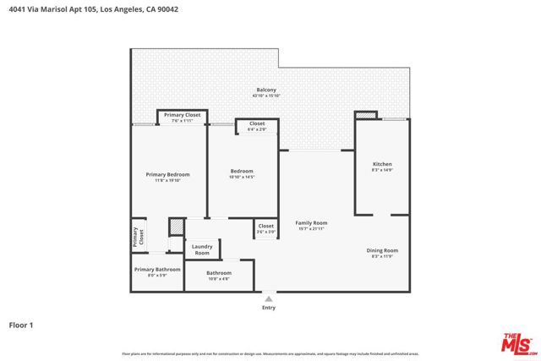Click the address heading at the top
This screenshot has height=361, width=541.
point(93,9)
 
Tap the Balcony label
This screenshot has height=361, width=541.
point(266,90)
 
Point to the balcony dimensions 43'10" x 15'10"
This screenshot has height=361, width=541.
point(266,96)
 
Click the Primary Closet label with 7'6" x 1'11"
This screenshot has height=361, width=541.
point(182,114)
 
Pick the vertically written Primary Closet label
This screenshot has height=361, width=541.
point(135,238)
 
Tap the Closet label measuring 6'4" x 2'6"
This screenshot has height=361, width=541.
point(257,123)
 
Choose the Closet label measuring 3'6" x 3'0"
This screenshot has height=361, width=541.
point(265,226)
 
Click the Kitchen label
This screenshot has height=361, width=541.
point(382,163)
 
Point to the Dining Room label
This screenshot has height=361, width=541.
point(382,250)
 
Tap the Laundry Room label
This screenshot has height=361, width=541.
point(202,249)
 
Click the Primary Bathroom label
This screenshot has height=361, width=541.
point(157,269)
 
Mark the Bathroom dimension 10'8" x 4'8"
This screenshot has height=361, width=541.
point(219,279)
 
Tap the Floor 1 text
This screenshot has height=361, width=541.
point(21,324)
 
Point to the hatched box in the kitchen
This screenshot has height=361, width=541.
point(365,116)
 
